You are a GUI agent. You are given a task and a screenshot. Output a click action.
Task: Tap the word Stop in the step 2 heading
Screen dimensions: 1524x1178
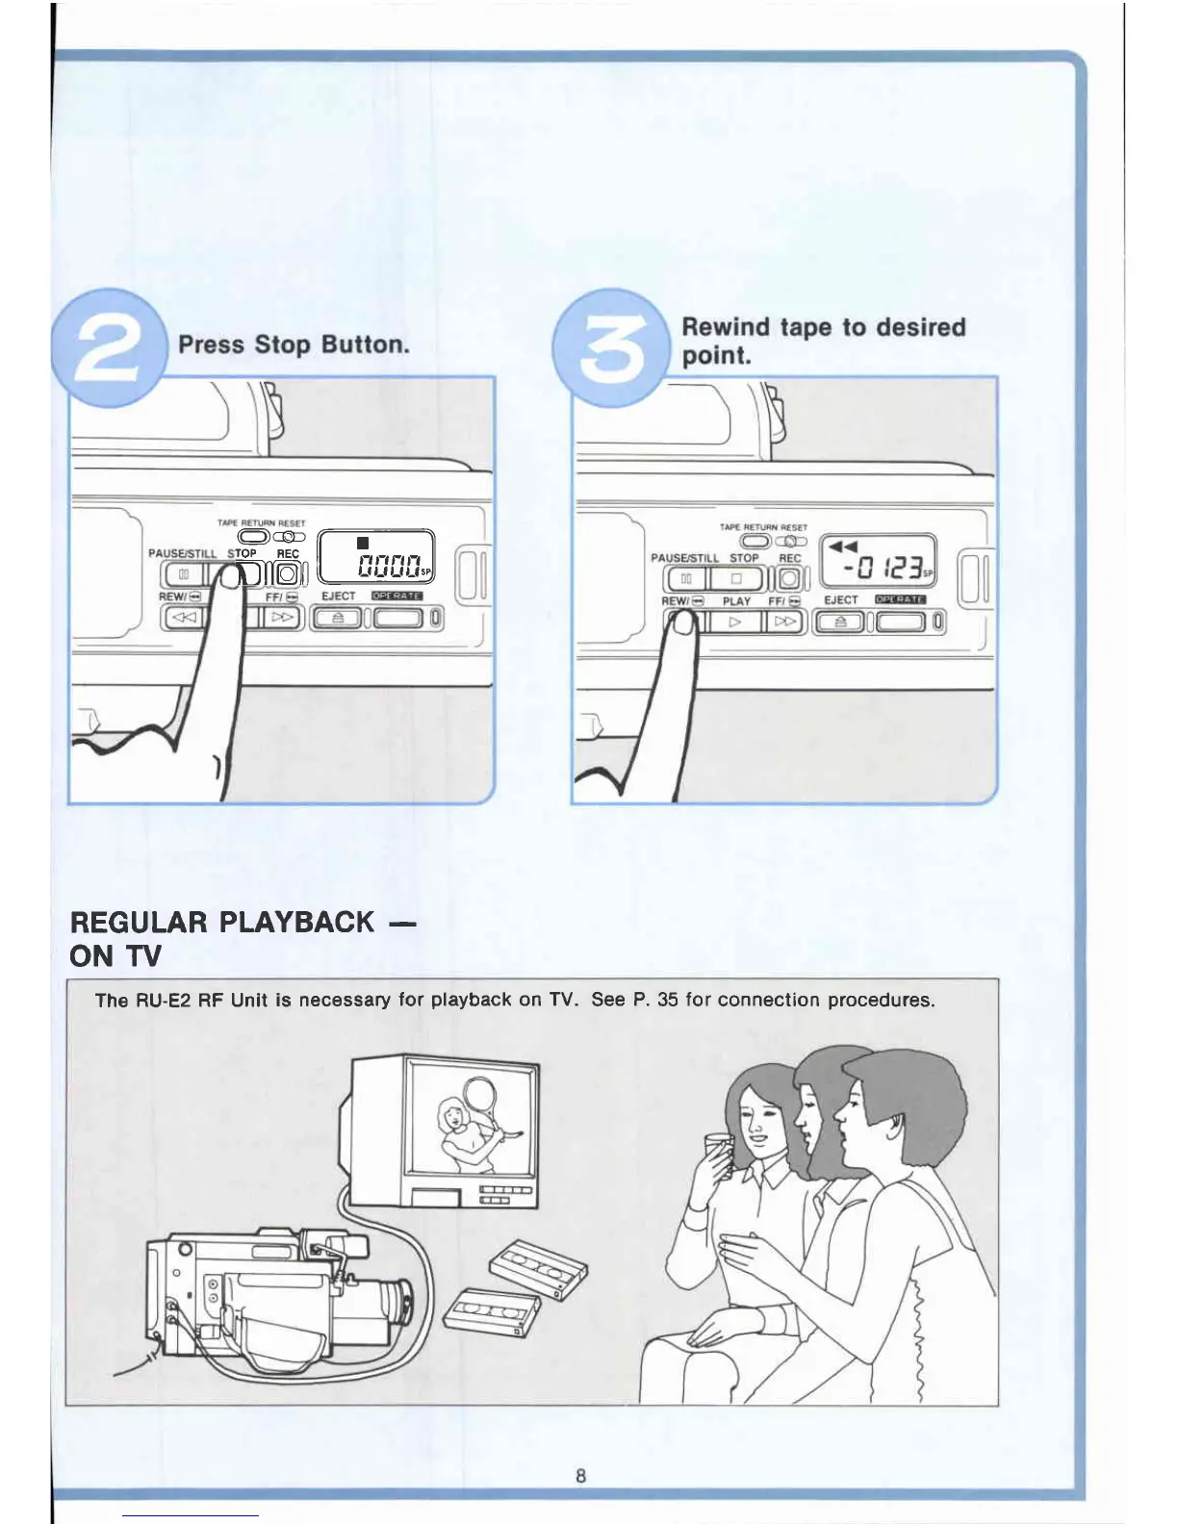pyautogui.click(x=282, y=344)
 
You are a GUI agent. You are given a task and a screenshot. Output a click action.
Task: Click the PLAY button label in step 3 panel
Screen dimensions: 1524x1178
pyautogui.click(x=736, y=601)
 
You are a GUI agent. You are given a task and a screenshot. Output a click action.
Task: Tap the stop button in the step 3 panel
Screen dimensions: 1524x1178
pyautogui.click(x=736, y=579)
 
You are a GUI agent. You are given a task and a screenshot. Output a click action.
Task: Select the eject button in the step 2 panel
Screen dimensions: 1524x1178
pyautogui.click(x=337, y=618)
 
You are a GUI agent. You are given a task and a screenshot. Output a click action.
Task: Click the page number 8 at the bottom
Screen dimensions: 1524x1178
pyautogui.click(x=580, y=1475)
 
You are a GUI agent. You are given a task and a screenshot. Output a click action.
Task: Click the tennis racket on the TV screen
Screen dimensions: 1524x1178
pyautogui.click(x=478, y=1094)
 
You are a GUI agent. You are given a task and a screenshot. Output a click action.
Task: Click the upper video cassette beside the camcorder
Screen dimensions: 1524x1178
pyautogui.click(x=538, y=1269)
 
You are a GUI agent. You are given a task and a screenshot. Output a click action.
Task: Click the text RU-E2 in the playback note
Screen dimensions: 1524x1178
pyautogui.click(x=164, y=1000)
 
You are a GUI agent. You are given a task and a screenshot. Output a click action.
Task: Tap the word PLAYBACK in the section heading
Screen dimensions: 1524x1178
pyautogui.click(x=296, y=922)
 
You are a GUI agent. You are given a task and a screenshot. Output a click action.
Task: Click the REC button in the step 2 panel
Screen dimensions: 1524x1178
pyautogui.click(x=287, y=574)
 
